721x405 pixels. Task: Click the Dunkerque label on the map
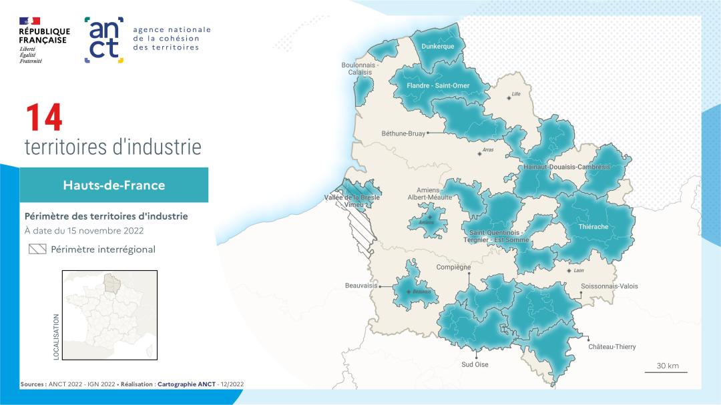point(438,46)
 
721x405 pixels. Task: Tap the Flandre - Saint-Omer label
point(438,85)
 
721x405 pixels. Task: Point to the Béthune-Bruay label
point(403,133)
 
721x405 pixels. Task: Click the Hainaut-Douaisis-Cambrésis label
point(567,167)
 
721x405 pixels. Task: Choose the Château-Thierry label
point(612,347)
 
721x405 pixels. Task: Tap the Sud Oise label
point(475,364)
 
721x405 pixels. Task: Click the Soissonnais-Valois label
point(609,286)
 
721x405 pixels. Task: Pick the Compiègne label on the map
point(453,268)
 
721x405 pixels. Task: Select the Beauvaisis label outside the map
point(361,286)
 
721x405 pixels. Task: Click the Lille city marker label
point(515,94)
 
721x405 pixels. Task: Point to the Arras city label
point(487,150)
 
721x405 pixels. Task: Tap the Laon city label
point(578,270)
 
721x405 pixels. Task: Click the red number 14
point(43,118)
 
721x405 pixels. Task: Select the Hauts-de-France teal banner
point(113,185)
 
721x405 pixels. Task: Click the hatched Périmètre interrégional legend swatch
point(37,250)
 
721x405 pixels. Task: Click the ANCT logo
point(104,40)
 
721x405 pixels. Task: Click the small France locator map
point(109,316)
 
